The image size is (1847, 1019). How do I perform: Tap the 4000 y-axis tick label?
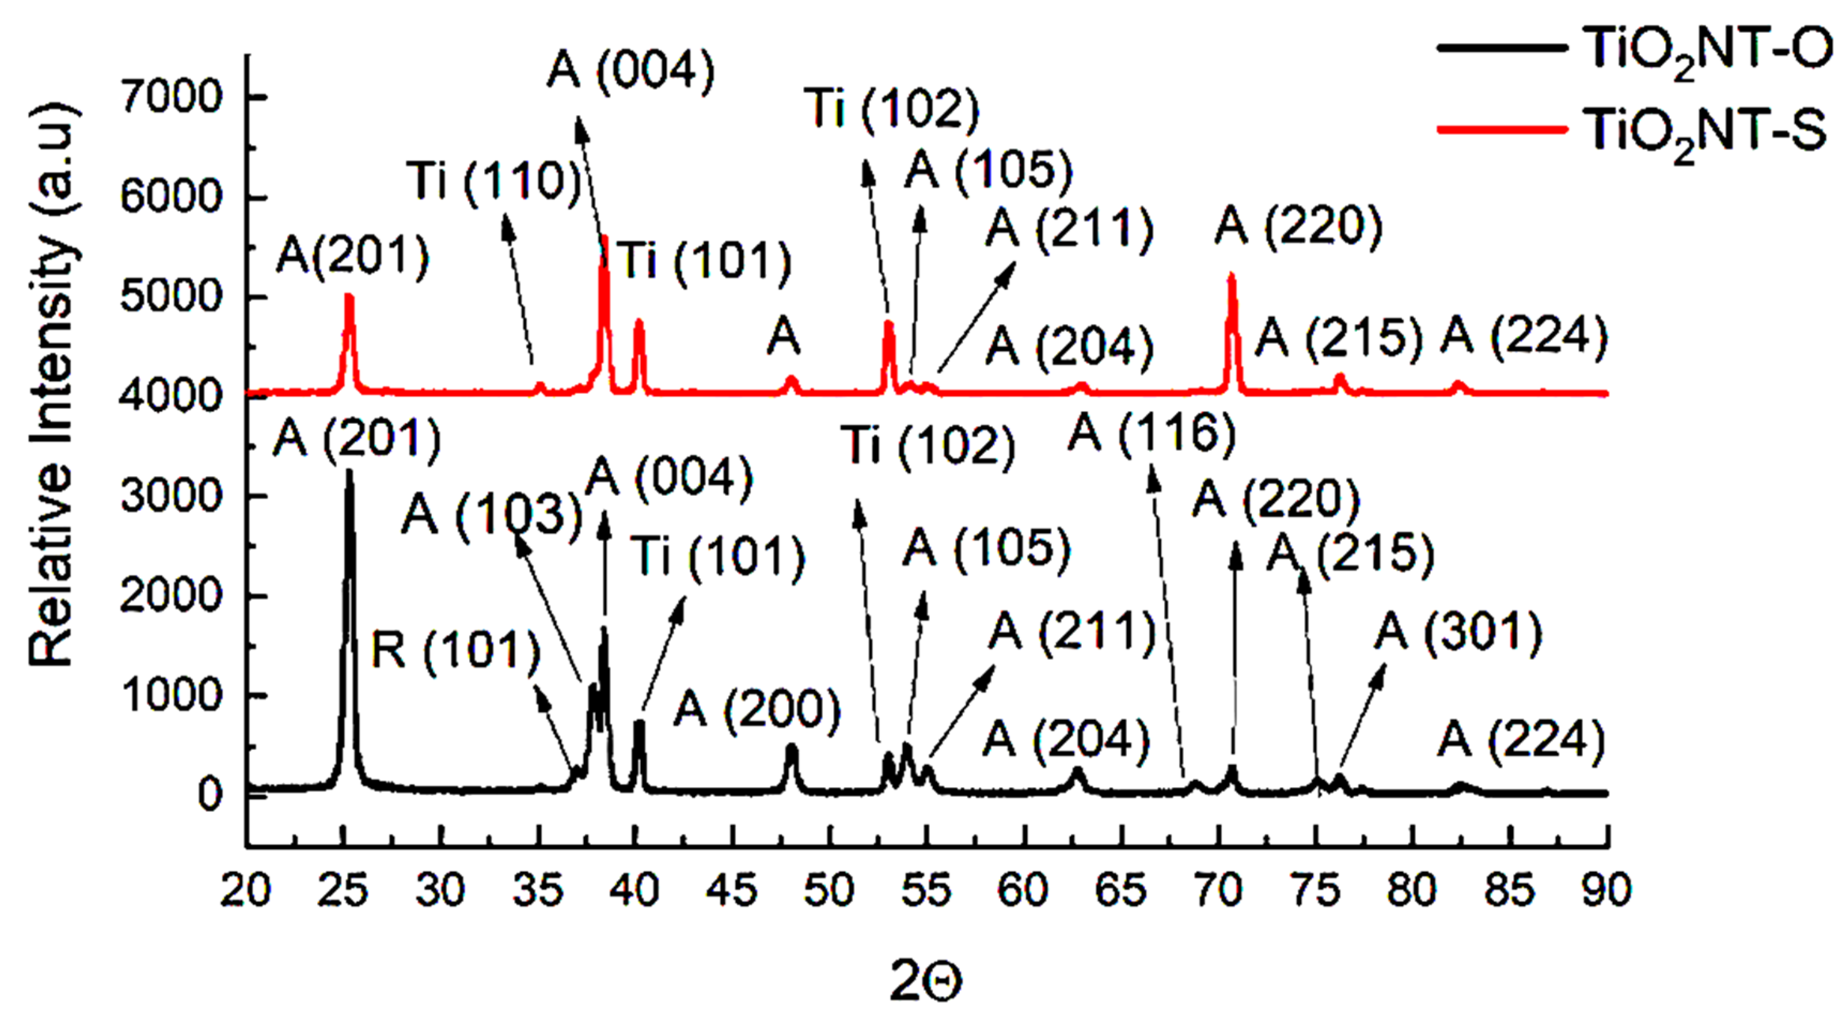pyautogui.click(x=171, y=396)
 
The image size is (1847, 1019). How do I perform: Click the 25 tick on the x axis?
pyautogui.click(x=344, y=890)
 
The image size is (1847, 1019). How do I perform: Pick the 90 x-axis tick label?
pyautogui.click(x=1607, y=890)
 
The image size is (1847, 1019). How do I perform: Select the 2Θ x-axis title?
pyautogui.click(x=925, y=980)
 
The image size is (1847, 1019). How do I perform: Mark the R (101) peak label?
pyautogui.click(x=455, y=651)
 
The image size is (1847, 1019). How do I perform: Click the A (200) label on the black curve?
pyautogui.click(x=757, y=710)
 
